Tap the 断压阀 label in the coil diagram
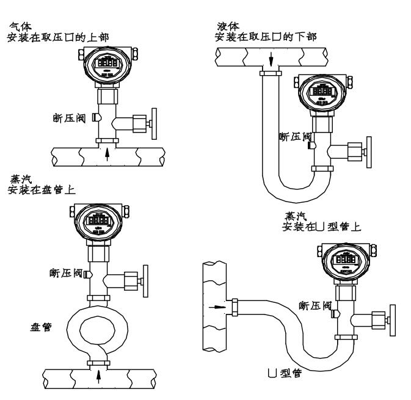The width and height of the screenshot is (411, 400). (x=66, y=272)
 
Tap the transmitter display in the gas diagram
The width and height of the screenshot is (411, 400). (x=108, y=62)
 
